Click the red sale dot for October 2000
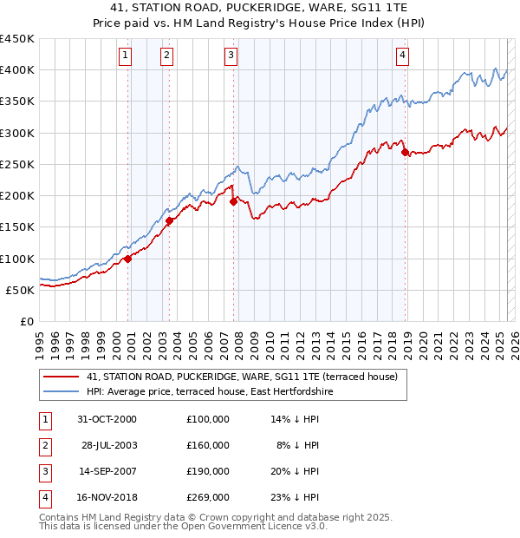click(127, 258)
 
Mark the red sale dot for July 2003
click(170, 220)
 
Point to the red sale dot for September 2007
click(233, 202)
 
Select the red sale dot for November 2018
click(406, 152)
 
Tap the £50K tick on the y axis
click(21, 290)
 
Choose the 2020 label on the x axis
click(423, 339)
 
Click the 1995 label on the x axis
click(39, 339)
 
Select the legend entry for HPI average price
click(209, 392)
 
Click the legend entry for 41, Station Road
click(242, 377)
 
